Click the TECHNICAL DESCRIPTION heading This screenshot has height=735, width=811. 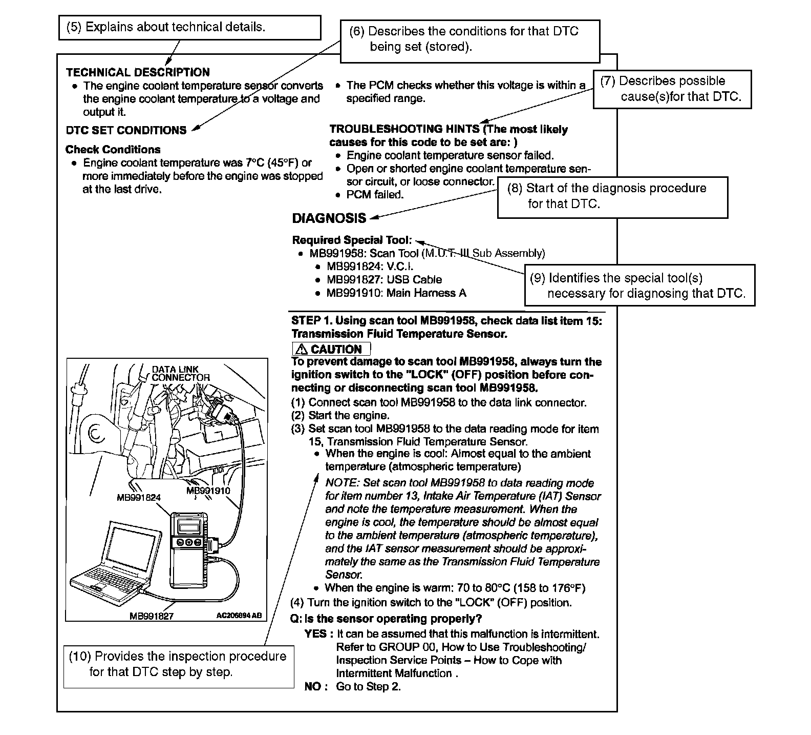(x=138, y=72)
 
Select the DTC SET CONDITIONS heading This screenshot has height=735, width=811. (x=126, y=130)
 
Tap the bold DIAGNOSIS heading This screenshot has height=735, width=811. (x=329, y=218)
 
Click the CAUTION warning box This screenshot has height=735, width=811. (x=331, y=349)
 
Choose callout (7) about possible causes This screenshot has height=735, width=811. (x=672, y=89)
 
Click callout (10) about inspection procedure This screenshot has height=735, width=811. (x=179, y=664)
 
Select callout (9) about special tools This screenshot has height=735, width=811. (x=639, y=285)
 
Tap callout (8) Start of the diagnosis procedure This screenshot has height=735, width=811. (x=612, y=196)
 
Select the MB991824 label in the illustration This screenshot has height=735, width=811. (x=139, y=497)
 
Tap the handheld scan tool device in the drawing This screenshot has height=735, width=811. (x=189, y=548)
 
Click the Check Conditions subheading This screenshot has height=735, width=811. (x=113, y=150)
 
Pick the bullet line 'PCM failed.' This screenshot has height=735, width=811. (x=375, y=195)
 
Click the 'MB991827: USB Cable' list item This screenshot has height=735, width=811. (x=383, y=280)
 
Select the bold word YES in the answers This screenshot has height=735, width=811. (x=315, y=634)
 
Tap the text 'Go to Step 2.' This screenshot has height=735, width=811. (x=368, y=687)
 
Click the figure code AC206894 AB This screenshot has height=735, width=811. (x=239, y=616)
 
